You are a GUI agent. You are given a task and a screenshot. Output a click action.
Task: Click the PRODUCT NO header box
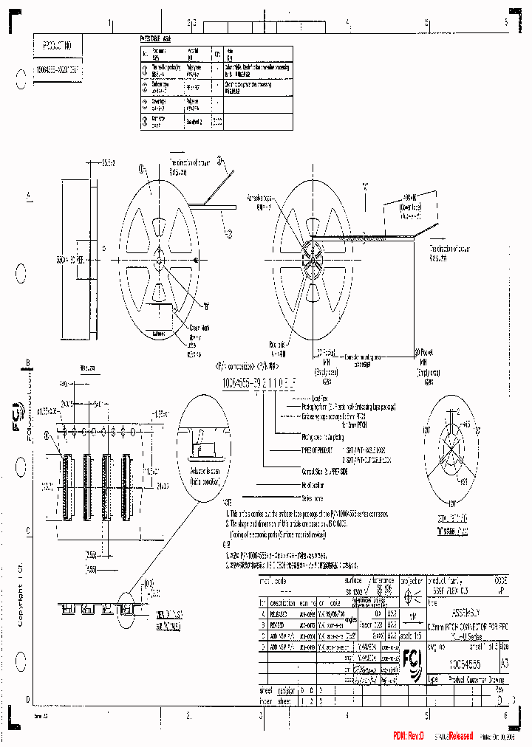coord(58,45)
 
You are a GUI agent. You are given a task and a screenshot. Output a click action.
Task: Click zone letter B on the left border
coord(28,362)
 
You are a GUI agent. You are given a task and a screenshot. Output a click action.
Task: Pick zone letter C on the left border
coord(28,530)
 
